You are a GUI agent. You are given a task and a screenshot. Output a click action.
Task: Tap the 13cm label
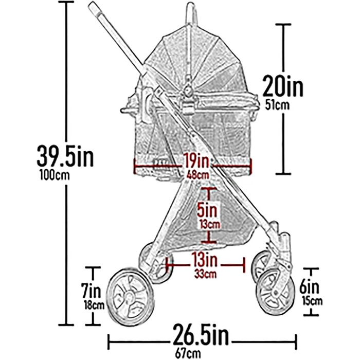209,225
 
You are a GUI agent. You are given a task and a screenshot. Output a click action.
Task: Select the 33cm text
204,273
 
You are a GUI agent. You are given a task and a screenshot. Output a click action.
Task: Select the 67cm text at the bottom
201,354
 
